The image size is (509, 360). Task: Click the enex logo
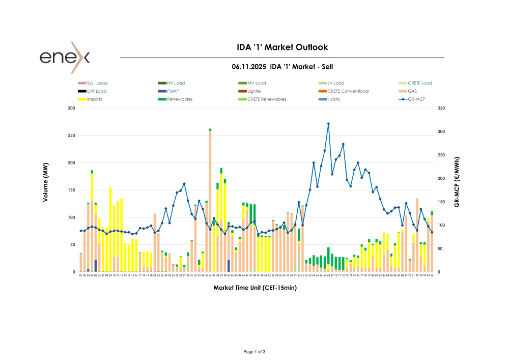pos(65,57)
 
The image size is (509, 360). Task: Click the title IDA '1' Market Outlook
pos(282,47)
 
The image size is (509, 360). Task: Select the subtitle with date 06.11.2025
pos(282,67)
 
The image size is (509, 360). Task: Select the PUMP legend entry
pos(173,91)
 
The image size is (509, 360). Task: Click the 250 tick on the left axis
pos(71,136)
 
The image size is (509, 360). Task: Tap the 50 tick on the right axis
pos(439,249)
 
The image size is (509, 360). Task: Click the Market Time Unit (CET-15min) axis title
pos(255,288)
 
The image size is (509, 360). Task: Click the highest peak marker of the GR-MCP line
pos(328,124)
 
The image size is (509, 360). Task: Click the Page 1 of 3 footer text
pos(254,352)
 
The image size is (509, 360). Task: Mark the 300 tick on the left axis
pos(71,108)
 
